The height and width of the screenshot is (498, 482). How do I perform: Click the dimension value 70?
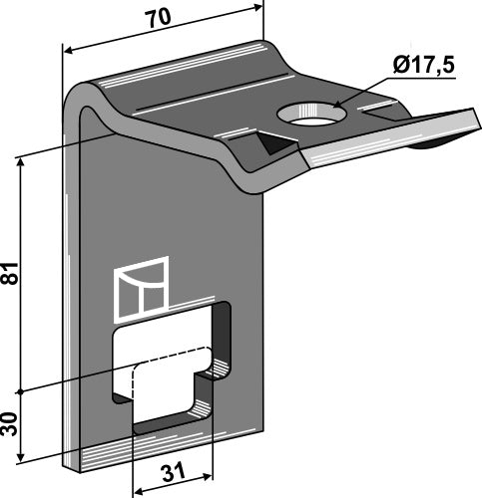tap(160, 18)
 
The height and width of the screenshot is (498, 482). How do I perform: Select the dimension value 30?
tap(10, 424)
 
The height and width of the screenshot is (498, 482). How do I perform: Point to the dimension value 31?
tap(174, 472)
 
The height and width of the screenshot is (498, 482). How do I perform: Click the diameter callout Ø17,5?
tap(423, 65)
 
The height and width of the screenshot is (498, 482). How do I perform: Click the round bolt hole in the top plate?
tap(311, 114)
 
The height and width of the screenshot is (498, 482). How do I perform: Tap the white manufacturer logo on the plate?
tap(141, 290)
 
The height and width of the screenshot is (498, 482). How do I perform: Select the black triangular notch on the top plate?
tap(277, 142)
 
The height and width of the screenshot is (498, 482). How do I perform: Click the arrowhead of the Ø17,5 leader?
tap(336, 105)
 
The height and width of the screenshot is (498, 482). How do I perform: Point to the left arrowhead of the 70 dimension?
tap(68, 51)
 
